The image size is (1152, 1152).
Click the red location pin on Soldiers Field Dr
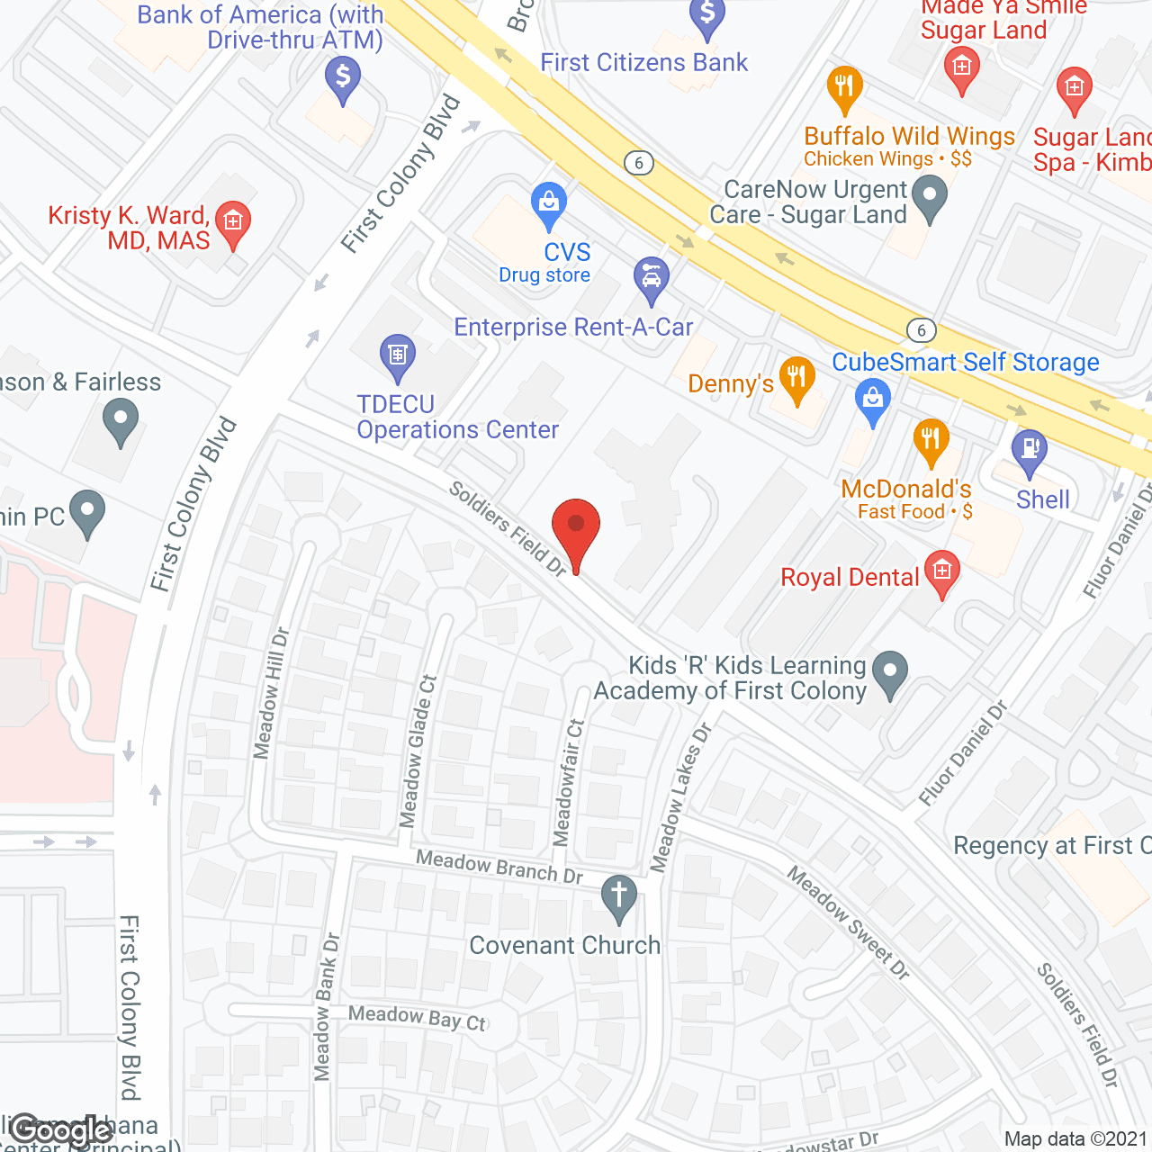pos(575,527)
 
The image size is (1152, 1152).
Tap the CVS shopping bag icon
pos(548,202)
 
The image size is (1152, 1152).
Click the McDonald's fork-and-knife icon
pos(931,439)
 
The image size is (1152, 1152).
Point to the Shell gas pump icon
pos(1029,449)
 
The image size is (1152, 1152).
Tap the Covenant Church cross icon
pos(618,896)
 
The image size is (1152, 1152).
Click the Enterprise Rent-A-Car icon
pos(651,277)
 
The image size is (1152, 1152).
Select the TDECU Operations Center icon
pos(397,355)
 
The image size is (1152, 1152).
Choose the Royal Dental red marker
pos(942,571)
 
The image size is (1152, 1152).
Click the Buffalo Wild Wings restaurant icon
pos(844,87)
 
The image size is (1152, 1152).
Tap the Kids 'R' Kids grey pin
pos(890,671)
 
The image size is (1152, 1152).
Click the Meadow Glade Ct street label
pos(418,751)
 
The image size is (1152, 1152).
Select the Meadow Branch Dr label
pos(499,867)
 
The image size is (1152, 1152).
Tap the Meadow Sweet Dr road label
pos(848,922)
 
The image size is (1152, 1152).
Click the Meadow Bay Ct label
pos(417,1018)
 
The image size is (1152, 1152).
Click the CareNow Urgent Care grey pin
pos(930,195)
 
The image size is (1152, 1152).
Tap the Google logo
pos(61,1130)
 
